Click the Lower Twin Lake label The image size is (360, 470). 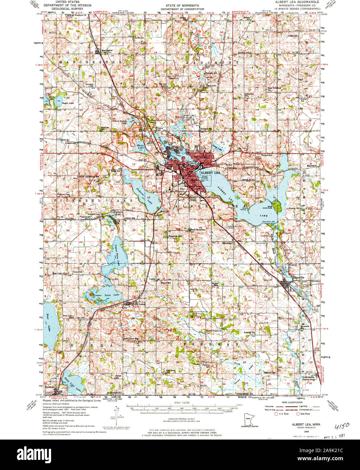click(x=107, y=295)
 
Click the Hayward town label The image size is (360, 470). click(x=311, y=166)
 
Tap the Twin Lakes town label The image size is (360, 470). click(x=139, y=304)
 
